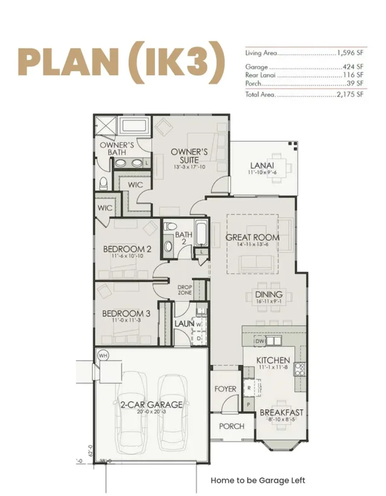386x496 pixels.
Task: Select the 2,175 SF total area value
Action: (x=352, y=95)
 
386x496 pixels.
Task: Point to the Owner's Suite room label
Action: (x=189, y=155)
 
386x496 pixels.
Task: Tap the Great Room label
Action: (x=253, y=237)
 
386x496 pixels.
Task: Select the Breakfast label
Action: (x=281, y=413)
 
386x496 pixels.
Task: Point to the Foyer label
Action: (x=226, y=389)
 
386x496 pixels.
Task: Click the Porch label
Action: (x=232, y=426)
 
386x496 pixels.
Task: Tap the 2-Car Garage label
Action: (x=143, y=404)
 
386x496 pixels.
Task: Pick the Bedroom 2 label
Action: (x=127, y=249)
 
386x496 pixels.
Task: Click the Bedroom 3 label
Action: (x=126, y=313)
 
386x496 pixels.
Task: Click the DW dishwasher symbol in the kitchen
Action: (x=260, y=342)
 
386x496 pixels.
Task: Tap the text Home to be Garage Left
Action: (x=258, y=480)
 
